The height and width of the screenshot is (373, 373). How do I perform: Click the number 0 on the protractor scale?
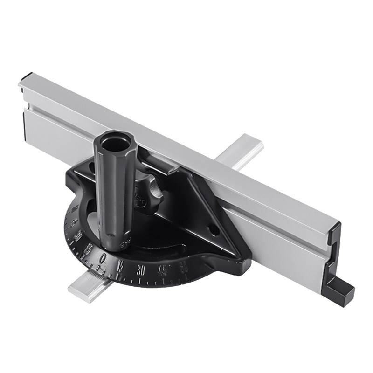point(104,257)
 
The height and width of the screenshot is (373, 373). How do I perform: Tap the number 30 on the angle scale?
point(142,269)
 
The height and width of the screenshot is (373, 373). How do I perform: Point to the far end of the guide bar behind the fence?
point(249,142)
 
